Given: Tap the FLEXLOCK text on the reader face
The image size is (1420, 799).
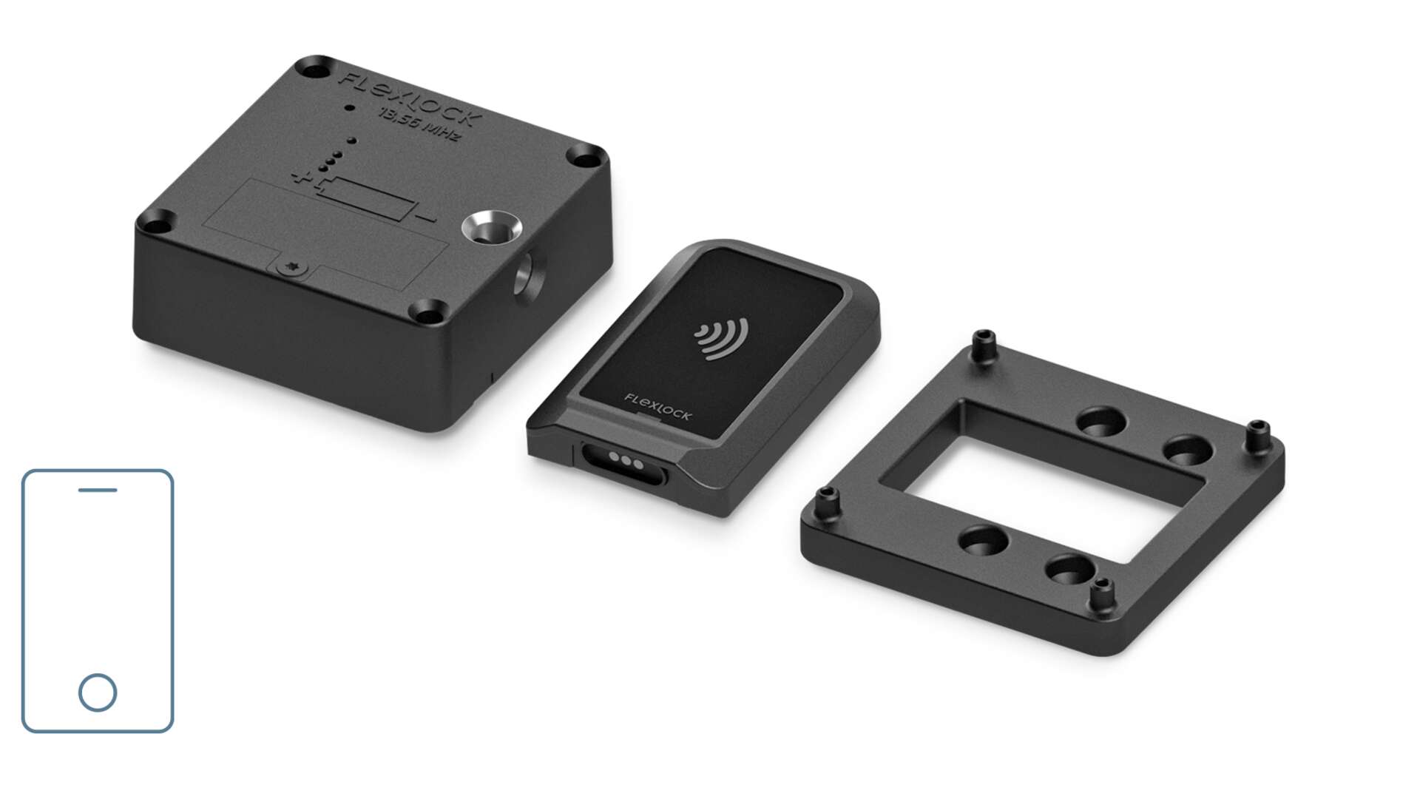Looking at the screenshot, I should (657, 408).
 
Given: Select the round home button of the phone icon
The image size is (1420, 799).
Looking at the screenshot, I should (98, 692).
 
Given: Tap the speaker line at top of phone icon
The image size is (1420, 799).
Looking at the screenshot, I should (98, 490).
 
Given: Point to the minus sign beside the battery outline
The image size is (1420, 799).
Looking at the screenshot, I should (425, 219).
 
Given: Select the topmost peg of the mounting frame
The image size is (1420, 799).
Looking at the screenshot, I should (984, 342).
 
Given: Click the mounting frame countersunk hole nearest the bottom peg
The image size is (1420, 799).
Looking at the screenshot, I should (1069, 570).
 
